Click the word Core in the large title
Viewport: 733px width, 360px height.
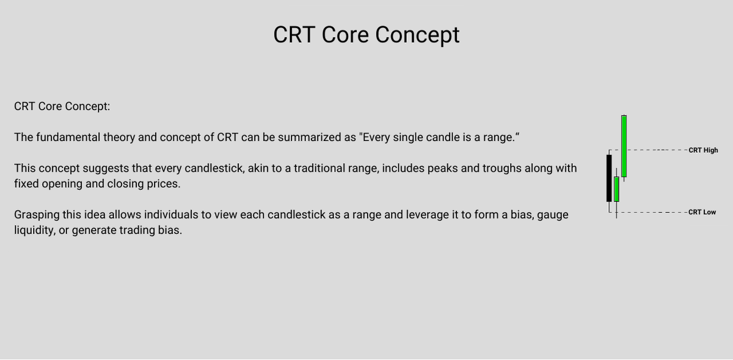[x=346, y=35]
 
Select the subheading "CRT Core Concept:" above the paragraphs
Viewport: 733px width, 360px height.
[x=62, y=106]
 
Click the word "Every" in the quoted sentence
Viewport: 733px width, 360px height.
[x=378, y=137]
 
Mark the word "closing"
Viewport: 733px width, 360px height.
[x=127, y=184]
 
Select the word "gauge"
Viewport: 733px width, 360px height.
[x=553, y=215]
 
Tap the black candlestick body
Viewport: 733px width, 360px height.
[x=609, y=178]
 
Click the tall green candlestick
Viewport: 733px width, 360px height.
[x=624, y=146]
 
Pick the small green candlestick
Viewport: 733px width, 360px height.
[x=616, y=189]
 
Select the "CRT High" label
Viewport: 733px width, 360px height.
[x=703, y=150]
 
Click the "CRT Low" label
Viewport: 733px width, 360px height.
[x=702, y=212]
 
